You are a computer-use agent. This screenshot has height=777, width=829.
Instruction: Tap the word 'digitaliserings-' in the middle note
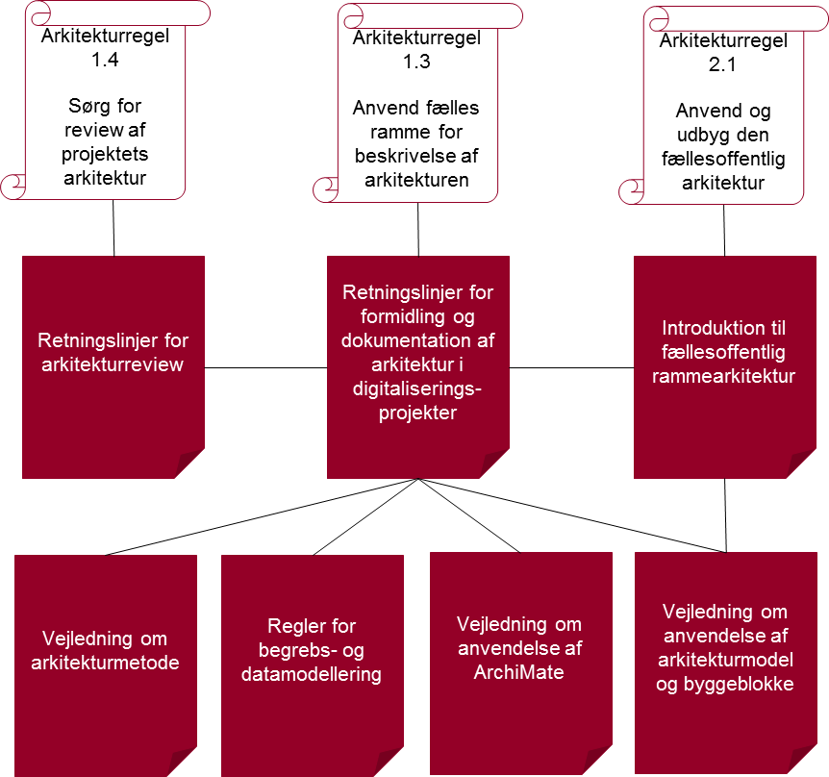417,389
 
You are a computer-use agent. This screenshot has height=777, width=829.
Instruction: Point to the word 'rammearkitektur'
723,376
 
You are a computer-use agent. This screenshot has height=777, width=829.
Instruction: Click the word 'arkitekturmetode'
105,663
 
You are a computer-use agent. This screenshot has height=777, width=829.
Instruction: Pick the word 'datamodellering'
313,674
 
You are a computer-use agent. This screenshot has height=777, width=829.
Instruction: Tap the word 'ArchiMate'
519,671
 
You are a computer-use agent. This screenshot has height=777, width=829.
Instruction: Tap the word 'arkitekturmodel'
724,660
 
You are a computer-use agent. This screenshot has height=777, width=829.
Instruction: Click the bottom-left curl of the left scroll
13,186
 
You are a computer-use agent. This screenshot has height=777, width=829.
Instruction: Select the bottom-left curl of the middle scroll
326,188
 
